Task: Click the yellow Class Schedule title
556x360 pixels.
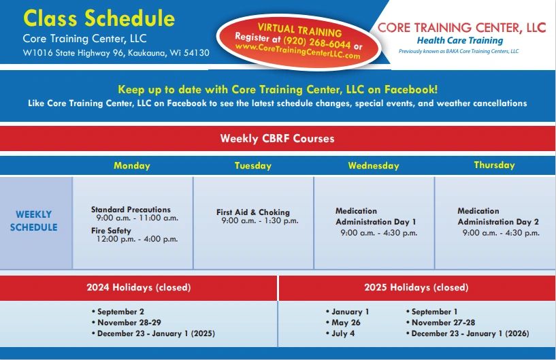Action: coord(99,18)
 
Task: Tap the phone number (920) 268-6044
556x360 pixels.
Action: coord(317,43)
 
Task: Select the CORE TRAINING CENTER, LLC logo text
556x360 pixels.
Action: coord(461,28)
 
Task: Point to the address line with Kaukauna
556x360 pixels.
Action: coord(116,53)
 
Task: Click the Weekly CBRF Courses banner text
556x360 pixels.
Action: coord(277,138)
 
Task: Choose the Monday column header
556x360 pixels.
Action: coord(132,165)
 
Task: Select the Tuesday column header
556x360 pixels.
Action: coord(253,165)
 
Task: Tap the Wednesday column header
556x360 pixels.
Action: coord(374,165)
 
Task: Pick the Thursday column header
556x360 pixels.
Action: coord(494,165)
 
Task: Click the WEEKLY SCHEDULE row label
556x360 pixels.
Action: coord(33,220)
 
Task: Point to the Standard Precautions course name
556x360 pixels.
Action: coord(131,210)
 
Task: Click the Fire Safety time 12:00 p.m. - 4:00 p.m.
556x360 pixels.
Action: coord(137,239)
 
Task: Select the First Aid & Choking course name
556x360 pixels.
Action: coord(253,212)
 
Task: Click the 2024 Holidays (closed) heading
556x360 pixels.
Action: coord(139,287)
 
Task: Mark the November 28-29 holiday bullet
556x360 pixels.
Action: coord(127,323)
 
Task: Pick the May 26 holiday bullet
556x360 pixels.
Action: coord(343,323)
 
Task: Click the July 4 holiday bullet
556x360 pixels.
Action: coord(340,333)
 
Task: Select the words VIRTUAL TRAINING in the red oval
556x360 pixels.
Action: coord(299,30)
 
